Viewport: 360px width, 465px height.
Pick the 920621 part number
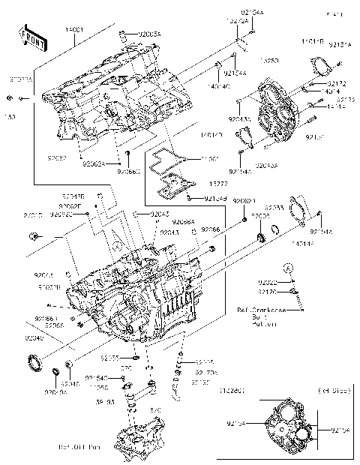(244, 202)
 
